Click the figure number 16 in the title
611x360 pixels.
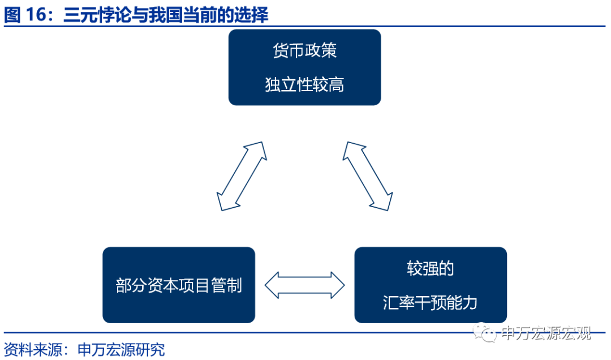click(36, 14)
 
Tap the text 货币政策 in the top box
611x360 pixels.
click(305, 50)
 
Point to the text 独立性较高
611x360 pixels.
click(305, 84)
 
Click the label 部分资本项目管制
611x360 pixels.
click(179, 285)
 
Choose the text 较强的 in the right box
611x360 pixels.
click(431, 268)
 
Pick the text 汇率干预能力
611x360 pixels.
click(430, 302)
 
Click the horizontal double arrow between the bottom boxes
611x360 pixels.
click(305, 285)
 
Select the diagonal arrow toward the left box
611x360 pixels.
click(242, 176)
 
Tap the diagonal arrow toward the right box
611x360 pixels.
click(368, 176)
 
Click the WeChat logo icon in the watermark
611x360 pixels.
click(485, 333)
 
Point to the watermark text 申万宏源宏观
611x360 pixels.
click(546, 333)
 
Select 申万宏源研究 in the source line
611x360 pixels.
click(121, 349)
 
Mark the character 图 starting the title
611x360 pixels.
click(12, 15)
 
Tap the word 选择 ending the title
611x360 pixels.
click(251, 15)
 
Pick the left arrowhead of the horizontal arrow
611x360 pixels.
click(272, 285)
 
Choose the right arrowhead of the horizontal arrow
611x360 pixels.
click(338, 285)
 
